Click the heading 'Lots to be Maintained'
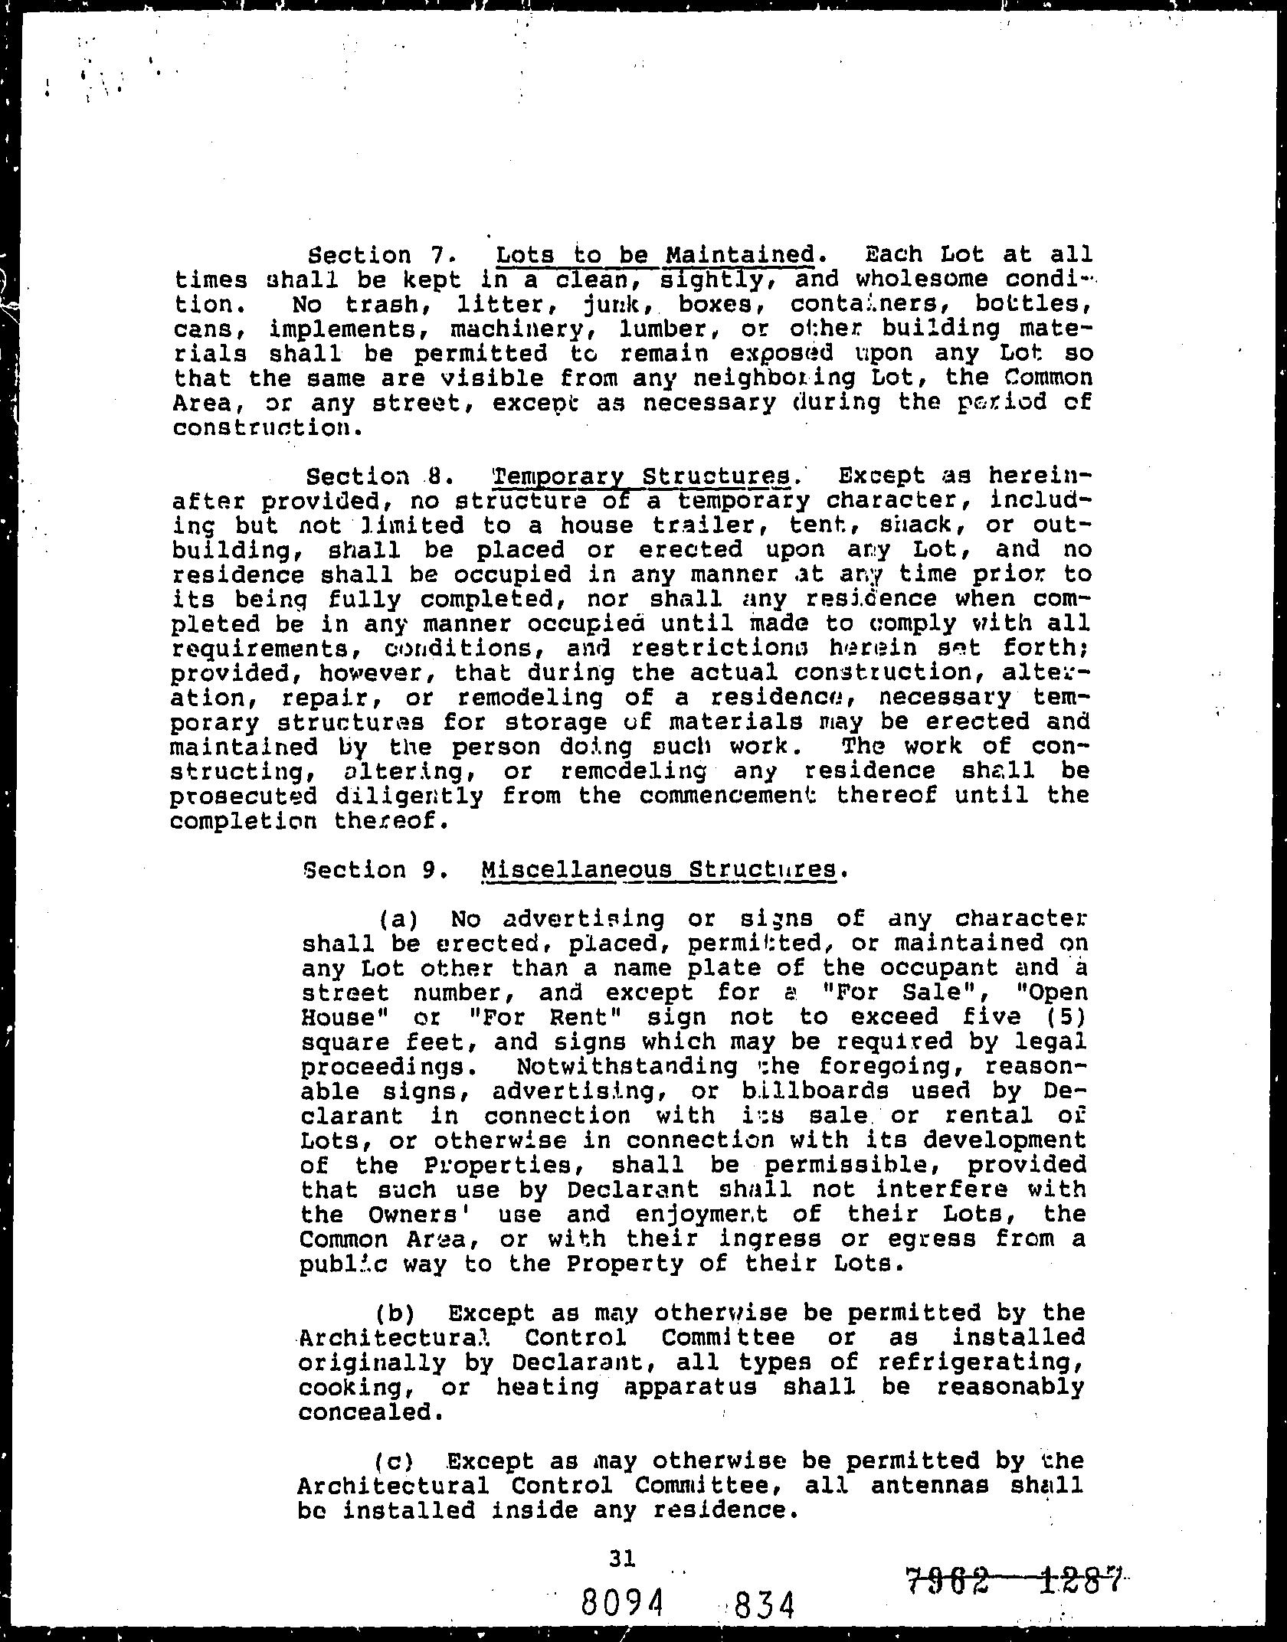click(655, 254)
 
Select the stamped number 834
click(762, 1603)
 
